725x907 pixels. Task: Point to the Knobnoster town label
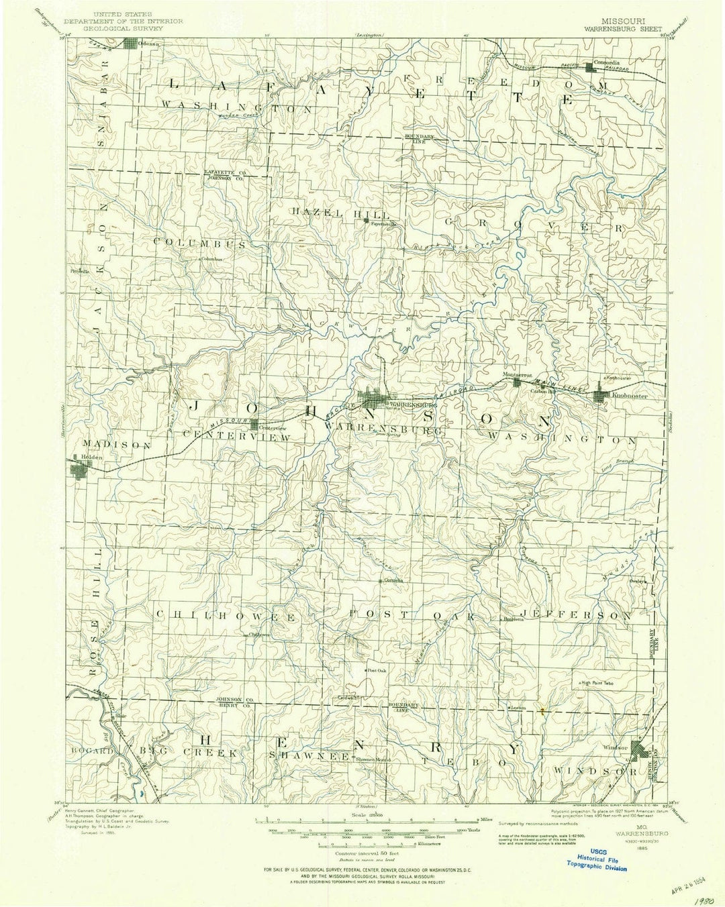[630, 396]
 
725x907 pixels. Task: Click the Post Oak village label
[376, 670]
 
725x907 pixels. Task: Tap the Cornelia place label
[393, 581]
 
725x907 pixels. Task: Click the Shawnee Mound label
[373, 759]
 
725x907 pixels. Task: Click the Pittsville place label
[79, 271]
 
